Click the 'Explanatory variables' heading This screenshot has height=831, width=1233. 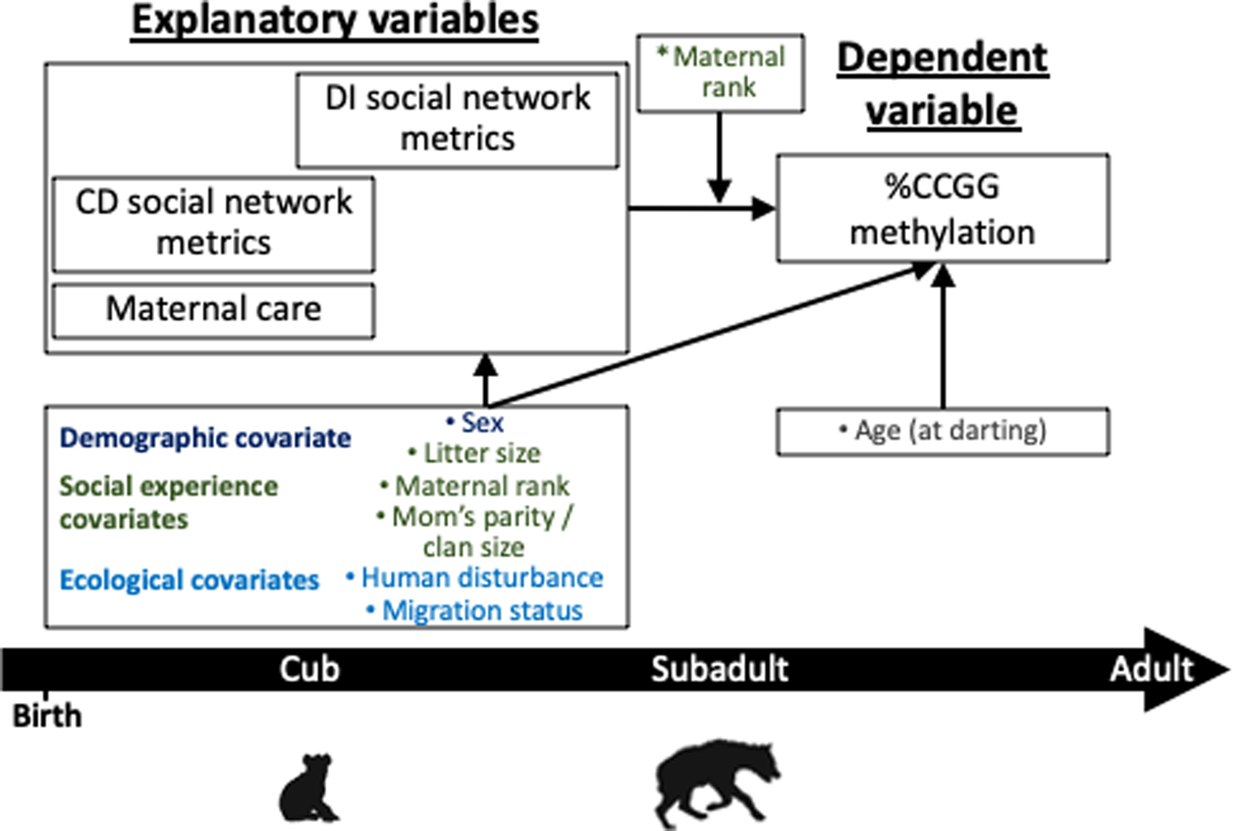tap(335, 20)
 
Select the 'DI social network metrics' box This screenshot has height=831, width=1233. tap(458, 120)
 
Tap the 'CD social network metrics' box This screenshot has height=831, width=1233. tap(213, 224)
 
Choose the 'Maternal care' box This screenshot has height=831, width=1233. tap(213, 310)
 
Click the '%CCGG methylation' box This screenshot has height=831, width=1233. tap(942, 209)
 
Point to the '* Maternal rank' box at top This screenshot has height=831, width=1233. tap(720, 73)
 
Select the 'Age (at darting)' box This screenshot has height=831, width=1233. tap(942, 431)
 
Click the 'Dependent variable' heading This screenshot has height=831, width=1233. tap(942, 84)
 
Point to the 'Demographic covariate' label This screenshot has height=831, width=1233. tap(205, 438)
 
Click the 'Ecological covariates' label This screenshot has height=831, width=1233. tap(189, 580)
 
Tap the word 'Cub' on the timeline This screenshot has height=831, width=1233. tap(310, 669)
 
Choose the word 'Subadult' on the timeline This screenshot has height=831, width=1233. tap(720, 669)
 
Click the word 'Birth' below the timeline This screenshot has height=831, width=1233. tap(47, 715)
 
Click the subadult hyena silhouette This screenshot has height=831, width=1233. tap(718, 784)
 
